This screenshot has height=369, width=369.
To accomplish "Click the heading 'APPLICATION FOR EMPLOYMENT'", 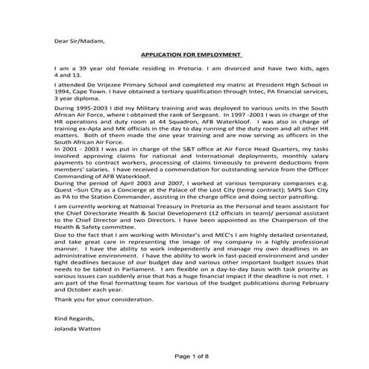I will click(192, 55).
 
